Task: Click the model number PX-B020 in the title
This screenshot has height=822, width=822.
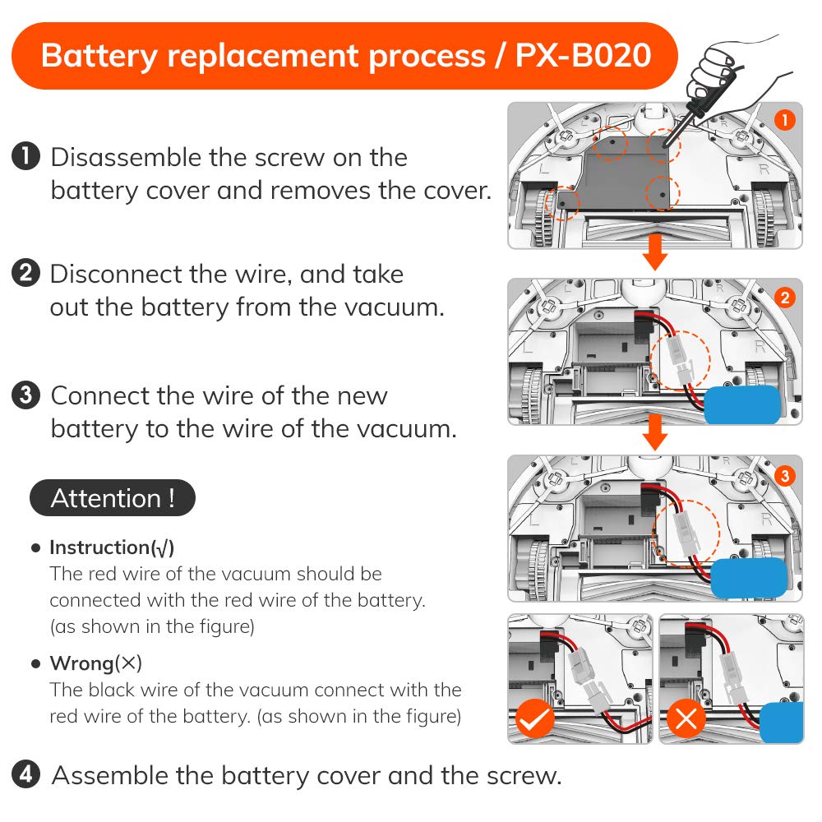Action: pos(583,56)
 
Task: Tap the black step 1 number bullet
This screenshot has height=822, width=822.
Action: pos(26,156)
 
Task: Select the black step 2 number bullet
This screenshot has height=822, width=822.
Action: pos(26,273)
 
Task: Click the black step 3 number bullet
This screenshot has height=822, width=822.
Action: pos(26,395)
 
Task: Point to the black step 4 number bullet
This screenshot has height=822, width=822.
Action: pos(26,774)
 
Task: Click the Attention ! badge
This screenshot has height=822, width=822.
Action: pos(113,498)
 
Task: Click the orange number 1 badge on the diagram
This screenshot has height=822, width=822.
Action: pos(784,121)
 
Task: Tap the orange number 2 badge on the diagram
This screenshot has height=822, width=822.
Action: pos(784,298)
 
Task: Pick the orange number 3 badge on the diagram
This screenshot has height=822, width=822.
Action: pos(784,475)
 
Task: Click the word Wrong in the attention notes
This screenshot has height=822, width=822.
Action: pos(81,663)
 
